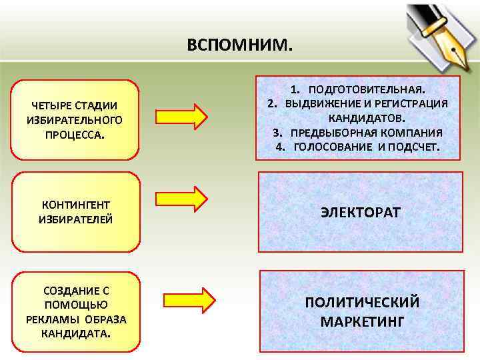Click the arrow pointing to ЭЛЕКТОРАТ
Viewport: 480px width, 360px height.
181,199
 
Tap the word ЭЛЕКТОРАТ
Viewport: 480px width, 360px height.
360,213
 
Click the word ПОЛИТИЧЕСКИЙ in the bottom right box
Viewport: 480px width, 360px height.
362,302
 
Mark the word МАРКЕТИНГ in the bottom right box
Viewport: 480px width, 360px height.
362,322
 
